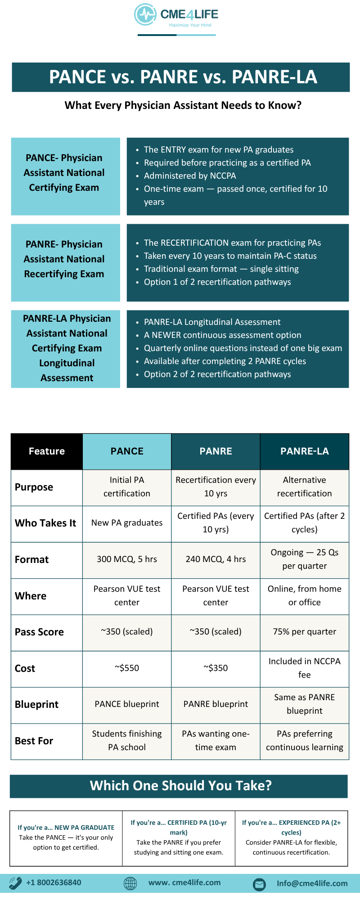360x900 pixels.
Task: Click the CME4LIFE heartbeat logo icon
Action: click(145, 15)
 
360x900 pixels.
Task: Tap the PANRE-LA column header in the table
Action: click(305, 451)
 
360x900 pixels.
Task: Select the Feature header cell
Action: click(47, 451)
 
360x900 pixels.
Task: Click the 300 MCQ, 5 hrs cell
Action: click(127, 559)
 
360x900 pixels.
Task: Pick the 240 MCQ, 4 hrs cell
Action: click(216, 559)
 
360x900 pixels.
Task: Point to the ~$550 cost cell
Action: click(127, 668)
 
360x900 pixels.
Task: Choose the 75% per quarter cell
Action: click(305, 632)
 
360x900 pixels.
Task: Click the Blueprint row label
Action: click(37, 705)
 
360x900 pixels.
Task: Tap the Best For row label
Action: click(34, 741)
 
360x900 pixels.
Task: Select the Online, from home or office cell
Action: click(305, 596)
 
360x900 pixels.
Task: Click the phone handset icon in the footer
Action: click(15, 883)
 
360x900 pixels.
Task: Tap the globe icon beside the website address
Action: click(130, 883)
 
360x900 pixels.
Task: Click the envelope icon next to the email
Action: click(259, 884)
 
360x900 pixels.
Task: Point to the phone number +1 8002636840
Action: click(54, 882)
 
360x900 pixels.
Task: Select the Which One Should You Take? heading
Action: click(180, 786)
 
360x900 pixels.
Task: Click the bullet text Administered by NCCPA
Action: click(190, 176)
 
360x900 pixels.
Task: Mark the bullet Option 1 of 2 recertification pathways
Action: click(217, 282)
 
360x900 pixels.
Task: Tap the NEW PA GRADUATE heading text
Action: click(84, 828)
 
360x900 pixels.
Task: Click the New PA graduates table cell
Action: click(127, 523)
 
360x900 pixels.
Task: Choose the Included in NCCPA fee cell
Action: click(305, 668)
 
